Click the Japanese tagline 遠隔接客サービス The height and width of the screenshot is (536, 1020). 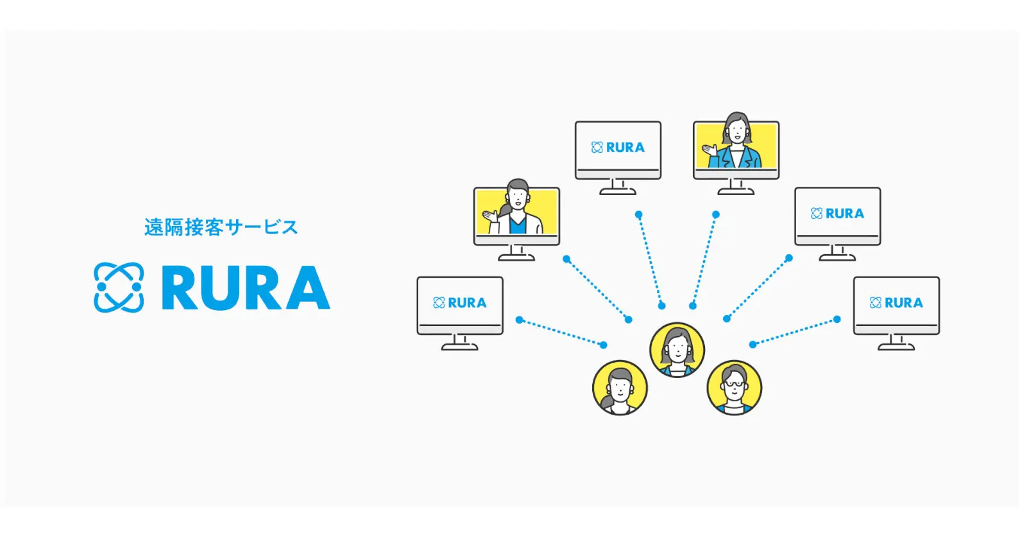point(221,227)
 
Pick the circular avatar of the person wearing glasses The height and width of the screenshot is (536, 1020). point(734,388)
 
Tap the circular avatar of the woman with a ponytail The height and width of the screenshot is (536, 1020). point(620,388)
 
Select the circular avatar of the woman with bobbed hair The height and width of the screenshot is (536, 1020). point(677,350)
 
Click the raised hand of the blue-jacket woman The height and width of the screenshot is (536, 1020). point(710,150)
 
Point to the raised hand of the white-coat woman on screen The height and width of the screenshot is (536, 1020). point(490,216)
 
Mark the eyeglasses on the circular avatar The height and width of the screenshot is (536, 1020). point(734,384)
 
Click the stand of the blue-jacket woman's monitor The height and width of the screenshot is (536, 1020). point(736,187)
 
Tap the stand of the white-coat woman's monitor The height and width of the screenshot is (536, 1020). point(516,254)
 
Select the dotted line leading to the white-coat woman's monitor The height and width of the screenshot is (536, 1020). point(597,290)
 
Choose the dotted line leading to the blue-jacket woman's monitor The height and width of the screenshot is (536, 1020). point(704,260)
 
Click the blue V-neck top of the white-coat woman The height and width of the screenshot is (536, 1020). point(518,225)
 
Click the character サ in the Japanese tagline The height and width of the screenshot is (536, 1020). point(235,227)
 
